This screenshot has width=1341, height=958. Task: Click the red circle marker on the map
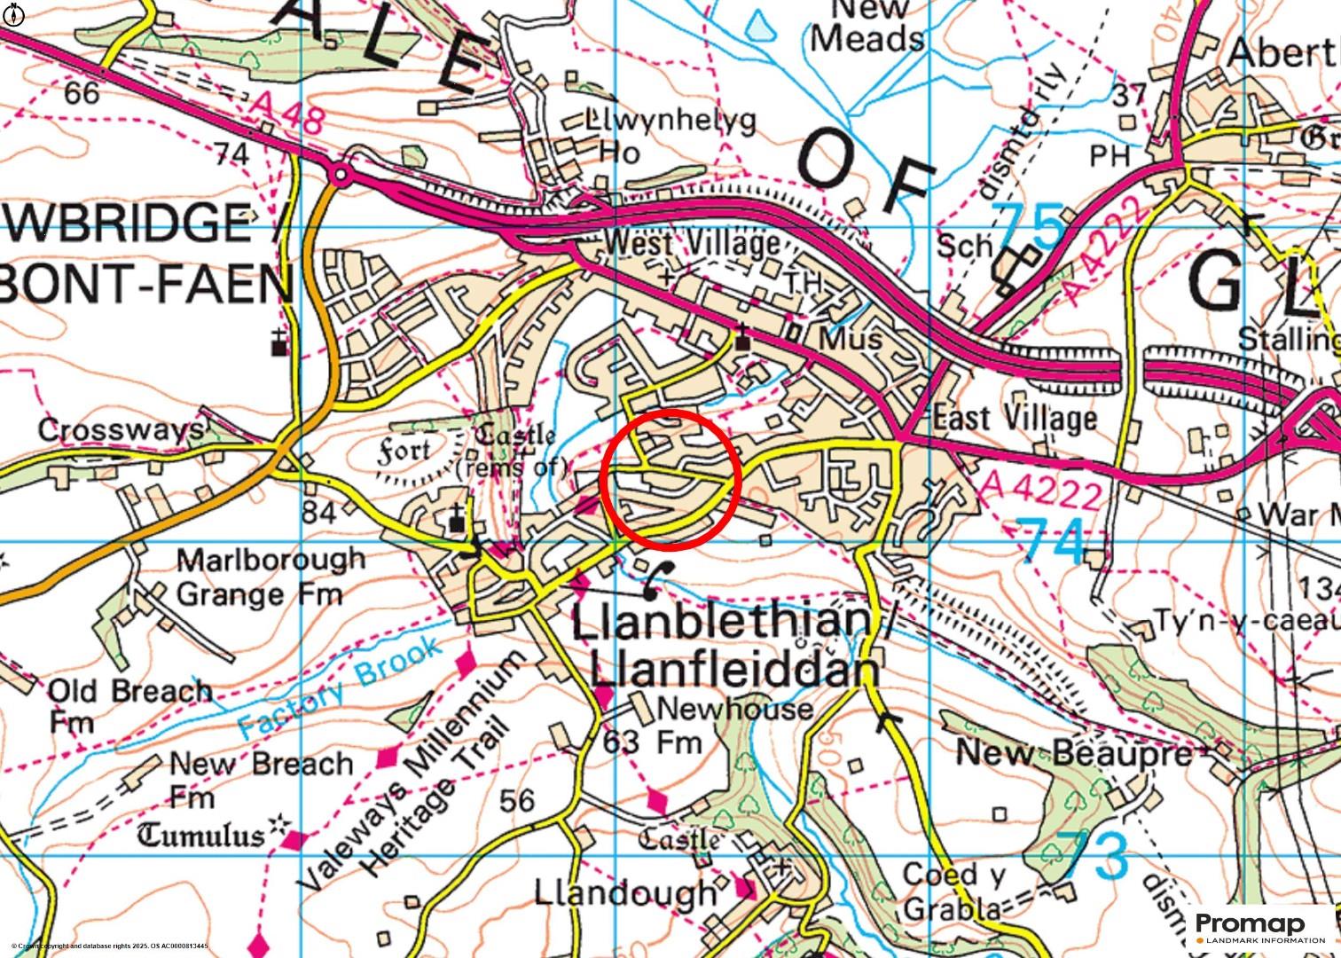(x=670, y=479)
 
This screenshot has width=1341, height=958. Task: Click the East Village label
(x=1015, y=418)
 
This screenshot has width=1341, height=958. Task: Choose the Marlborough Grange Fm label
(x=270, y=577)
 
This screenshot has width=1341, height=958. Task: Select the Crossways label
(x=120, y=430)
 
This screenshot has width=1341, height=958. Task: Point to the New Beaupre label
(x=1073, y=753)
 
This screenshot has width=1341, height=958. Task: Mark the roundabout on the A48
(x=339, y=175)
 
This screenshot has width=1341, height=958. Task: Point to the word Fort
(x=404, y=452)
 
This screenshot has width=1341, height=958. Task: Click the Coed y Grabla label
(x=953, y=891)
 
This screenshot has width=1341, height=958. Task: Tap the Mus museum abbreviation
(x=850, y=339)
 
